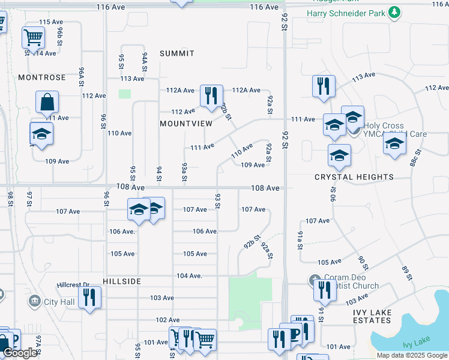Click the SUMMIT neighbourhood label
[177, 53]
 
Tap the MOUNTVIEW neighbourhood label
[186, 123]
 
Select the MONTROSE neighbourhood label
[41, 77]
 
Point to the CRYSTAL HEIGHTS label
[354, 177]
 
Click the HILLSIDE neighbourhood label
[122, 281]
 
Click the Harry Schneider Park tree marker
[394, 13]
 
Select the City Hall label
[59, 301]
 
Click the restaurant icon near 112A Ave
[211, 96]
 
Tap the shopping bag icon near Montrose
[47, 103]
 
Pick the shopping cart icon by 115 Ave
[33, 38]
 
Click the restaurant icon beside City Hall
[89, 298]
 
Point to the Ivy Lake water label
[416, 341]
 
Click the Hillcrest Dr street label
[73, 284]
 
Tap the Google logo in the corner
[20, 353]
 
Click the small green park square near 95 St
[125, 94]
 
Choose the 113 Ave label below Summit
[132, 79]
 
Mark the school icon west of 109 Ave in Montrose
[41, 134]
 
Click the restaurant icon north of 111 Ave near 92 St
[324, 85]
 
